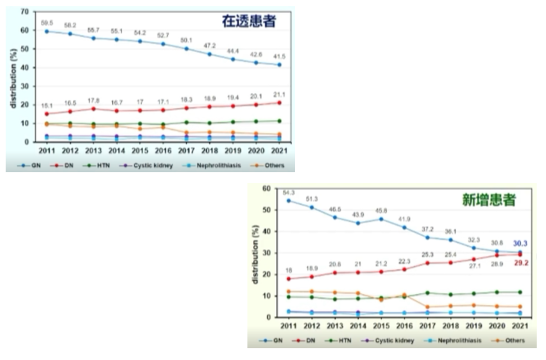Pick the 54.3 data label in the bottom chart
(x=289, y=192)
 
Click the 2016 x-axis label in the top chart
(x=163, y=150)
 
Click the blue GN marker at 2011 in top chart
(x=47, y=31)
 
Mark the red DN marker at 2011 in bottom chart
(x=289, y=279)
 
